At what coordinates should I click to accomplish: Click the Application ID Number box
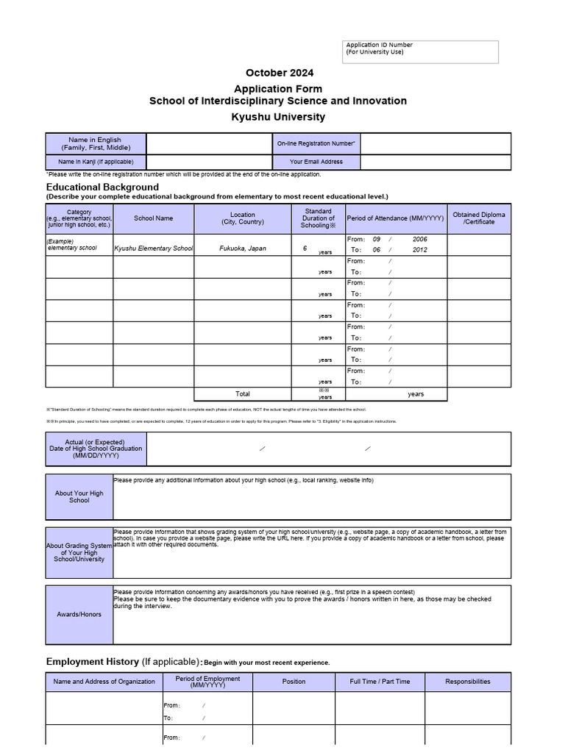pos(421,51)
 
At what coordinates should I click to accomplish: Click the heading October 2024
pos(279,73)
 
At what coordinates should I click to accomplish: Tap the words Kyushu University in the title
pos(278,117)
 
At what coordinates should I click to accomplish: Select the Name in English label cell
pos(95,143)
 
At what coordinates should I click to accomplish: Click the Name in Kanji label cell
pos(95,162)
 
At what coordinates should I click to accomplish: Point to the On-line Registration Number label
pos(316,143)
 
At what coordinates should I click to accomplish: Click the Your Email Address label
pos(316,162)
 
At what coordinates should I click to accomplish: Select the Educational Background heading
pos(102,187)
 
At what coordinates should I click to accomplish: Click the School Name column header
pos(153,218)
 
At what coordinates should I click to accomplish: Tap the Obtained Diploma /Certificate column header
pos(479,218)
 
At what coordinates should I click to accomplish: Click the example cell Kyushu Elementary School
pos(153,249)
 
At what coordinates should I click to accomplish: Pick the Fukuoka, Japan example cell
pos(243,249)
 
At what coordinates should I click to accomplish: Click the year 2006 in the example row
pos(419,240)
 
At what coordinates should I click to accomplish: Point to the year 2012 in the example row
pos(419,250)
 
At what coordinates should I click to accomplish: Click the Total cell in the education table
pos(243,393)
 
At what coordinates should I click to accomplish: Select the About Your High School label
pos(79,497)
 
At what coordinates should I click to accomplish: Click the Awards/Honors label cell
pos(79,614)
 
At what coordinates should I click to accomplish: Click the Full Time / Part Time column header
pos(380,682)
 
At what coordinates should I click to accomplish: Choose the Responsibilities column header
pos(467,682)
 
